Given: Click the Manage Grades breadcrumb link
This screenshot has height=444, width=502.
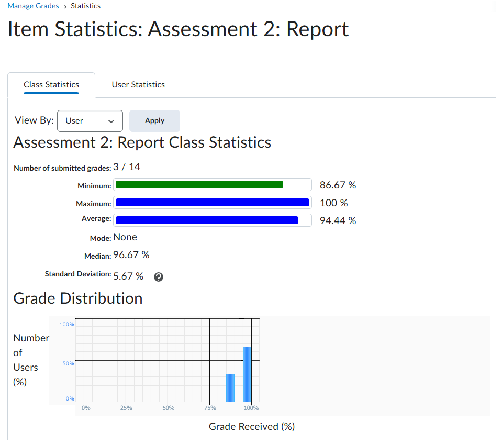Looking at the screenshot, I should [33, 6].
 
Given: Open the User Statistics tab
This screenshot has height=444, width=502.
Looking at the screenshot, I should [138, 85].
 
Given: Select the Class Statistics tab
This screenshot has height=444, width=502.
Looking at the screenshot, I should [51, 85].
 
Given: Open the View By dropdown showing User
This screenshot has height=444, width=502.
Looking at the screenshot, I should [90, 121].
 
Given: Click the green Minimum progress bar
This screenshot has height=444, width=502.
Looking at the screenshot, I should [199, 185].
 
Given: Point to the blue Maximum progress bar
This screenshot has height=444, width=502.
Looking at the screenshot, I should [212, 203].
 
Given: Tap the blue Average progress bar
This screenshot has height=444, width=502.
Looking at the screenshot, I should [207, 220].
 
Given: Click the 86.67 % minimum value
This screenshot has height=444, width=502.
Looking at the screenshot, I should [338, 185].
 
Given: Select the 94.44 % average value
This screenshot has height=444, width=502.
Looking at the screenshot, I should [338, 221].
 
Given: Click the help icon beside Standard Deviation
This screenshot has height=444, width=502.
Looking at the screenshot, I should [159, 277].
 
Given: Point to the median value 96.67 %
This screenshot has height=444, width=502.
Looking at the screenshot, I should [131, 255].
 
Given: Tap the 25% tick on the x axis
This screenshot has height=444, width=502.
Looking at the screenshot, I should [126, 408].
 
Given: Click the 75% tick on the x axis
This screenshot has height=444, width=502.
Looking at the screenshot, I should [209, 408].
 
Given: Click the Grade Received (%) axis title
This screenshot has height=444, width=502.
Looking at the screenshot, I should [252, 427].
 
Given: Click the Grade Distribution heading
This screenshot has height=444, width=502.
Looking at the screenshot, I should [78, 298].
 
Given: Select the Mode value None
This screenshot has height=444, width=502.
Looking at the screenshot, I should [125, 237].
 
